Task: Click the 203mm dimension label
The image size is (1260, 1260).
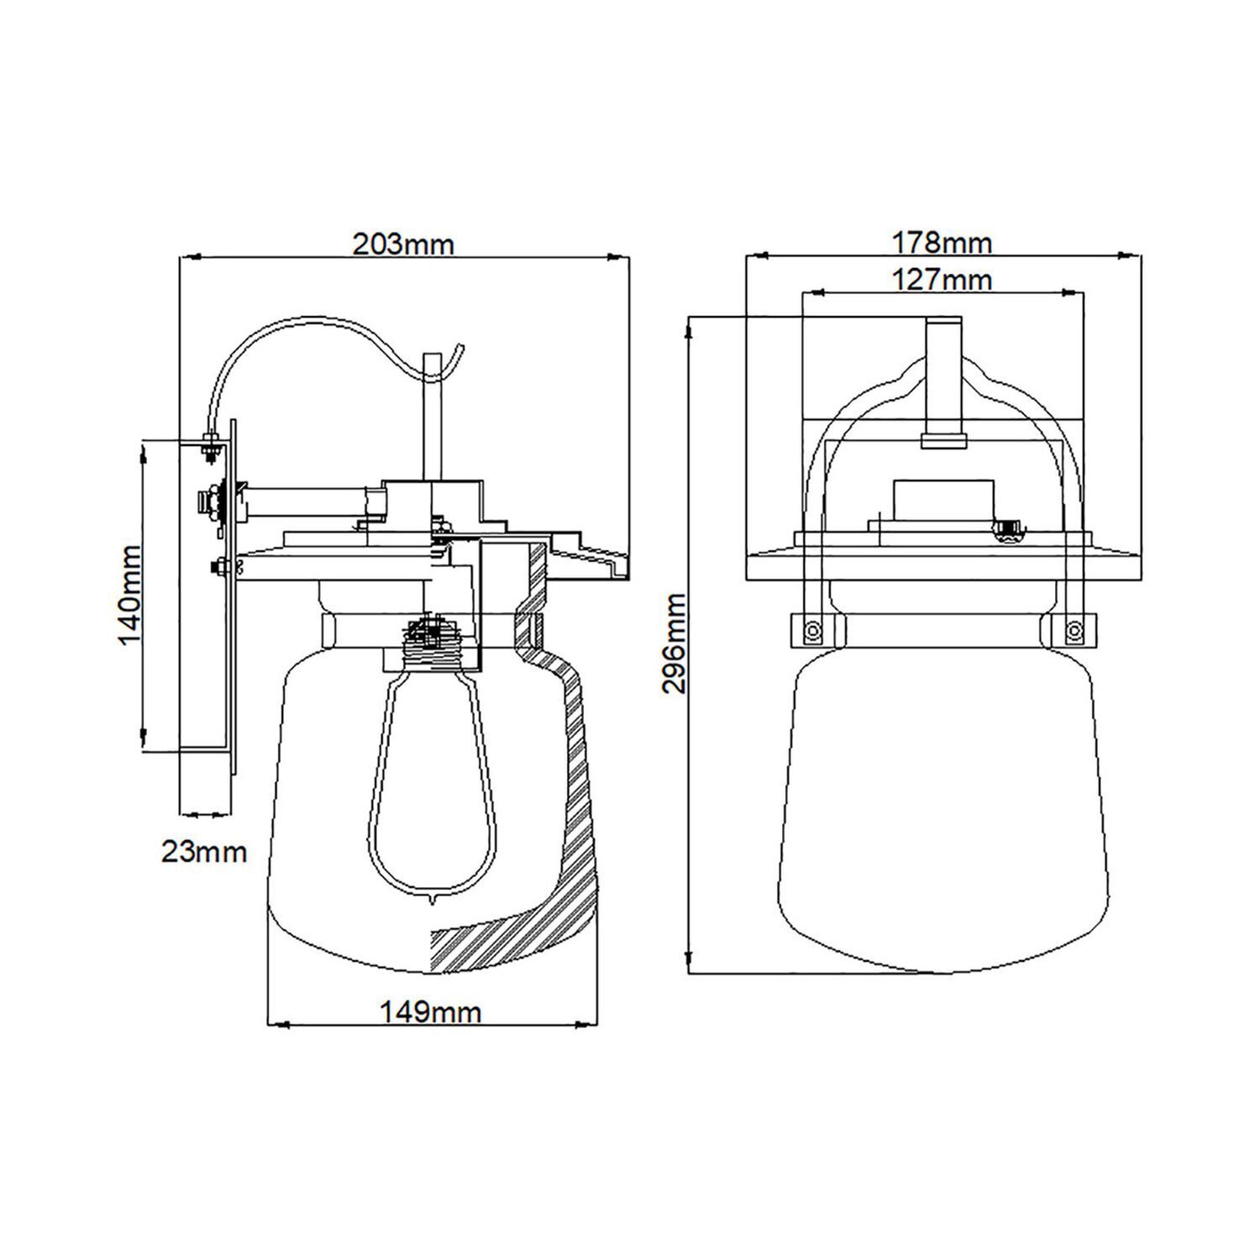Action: pyautogui.click(x=402, y=244)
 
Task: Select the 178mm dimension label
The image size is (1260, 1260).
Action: pyautogui.click(x=942, y=243)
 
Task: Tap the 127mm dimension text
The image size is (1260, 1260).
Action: pyautogui.click(x=942, y=279)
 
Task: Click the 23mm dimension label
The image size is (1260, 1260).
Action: pyautogui.click(x=204, y=852)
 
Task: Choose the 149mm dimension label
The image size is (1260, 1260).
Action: pyautogui.click(x=431, y=1012)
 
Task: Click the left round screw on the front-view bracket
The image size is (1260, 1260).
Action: pyautogui.click(x=811, y=630)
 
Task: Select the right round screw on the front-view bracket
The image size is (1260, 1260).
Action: pyautogui.click(x=1073, y=630)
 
